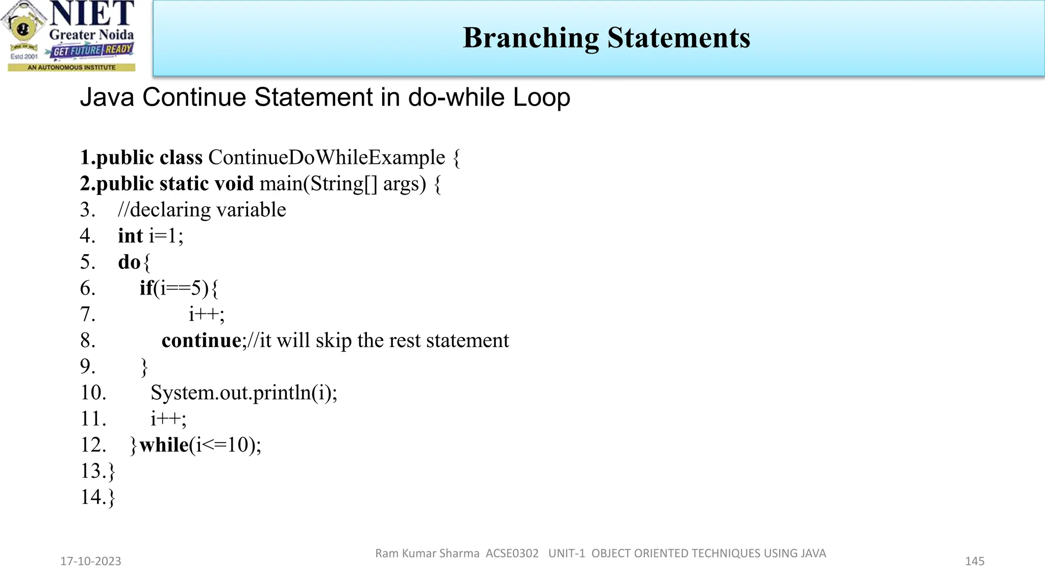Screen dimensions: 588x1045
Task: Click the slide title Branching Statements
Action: tap(606, 38)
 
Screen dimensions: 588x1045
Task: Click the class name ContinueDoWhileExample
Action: tap(327, 157)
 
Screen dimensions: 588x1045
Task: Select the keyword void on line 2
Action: tap(233, 184)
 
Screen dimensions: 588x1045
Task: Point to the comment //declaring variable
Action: tap(202, 210)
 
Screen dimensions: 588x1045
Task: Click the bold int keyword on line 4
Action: tap(130, 236)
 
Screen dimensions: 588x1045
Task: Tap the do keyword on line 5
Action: tap(129, 262)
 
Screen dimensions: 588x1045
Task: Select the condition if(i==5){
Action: tap(179, 288)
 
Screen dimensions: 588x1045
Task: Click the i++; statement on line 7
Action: tap(206, 314)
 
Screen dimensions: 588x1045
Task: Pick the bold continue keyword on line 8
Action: tap(201, 340)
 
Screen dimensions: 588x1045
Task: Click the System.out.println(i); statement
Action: tap(244, 393)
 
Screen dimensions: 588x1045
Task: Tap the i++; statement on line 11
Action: tap(168, 419)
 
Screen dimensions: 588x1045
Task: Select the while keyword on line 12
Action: tap(164, 445)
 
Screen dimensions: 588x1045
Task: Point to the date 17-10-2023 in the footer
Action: tap(91, 561)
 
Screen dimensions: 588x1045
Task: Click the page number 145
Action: tap(974, 561)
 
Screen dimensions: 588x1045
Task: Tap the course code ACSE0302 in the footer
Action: tap(512, 553)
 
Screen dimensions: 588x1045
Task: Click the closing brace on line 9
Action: tap(144, 367)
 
